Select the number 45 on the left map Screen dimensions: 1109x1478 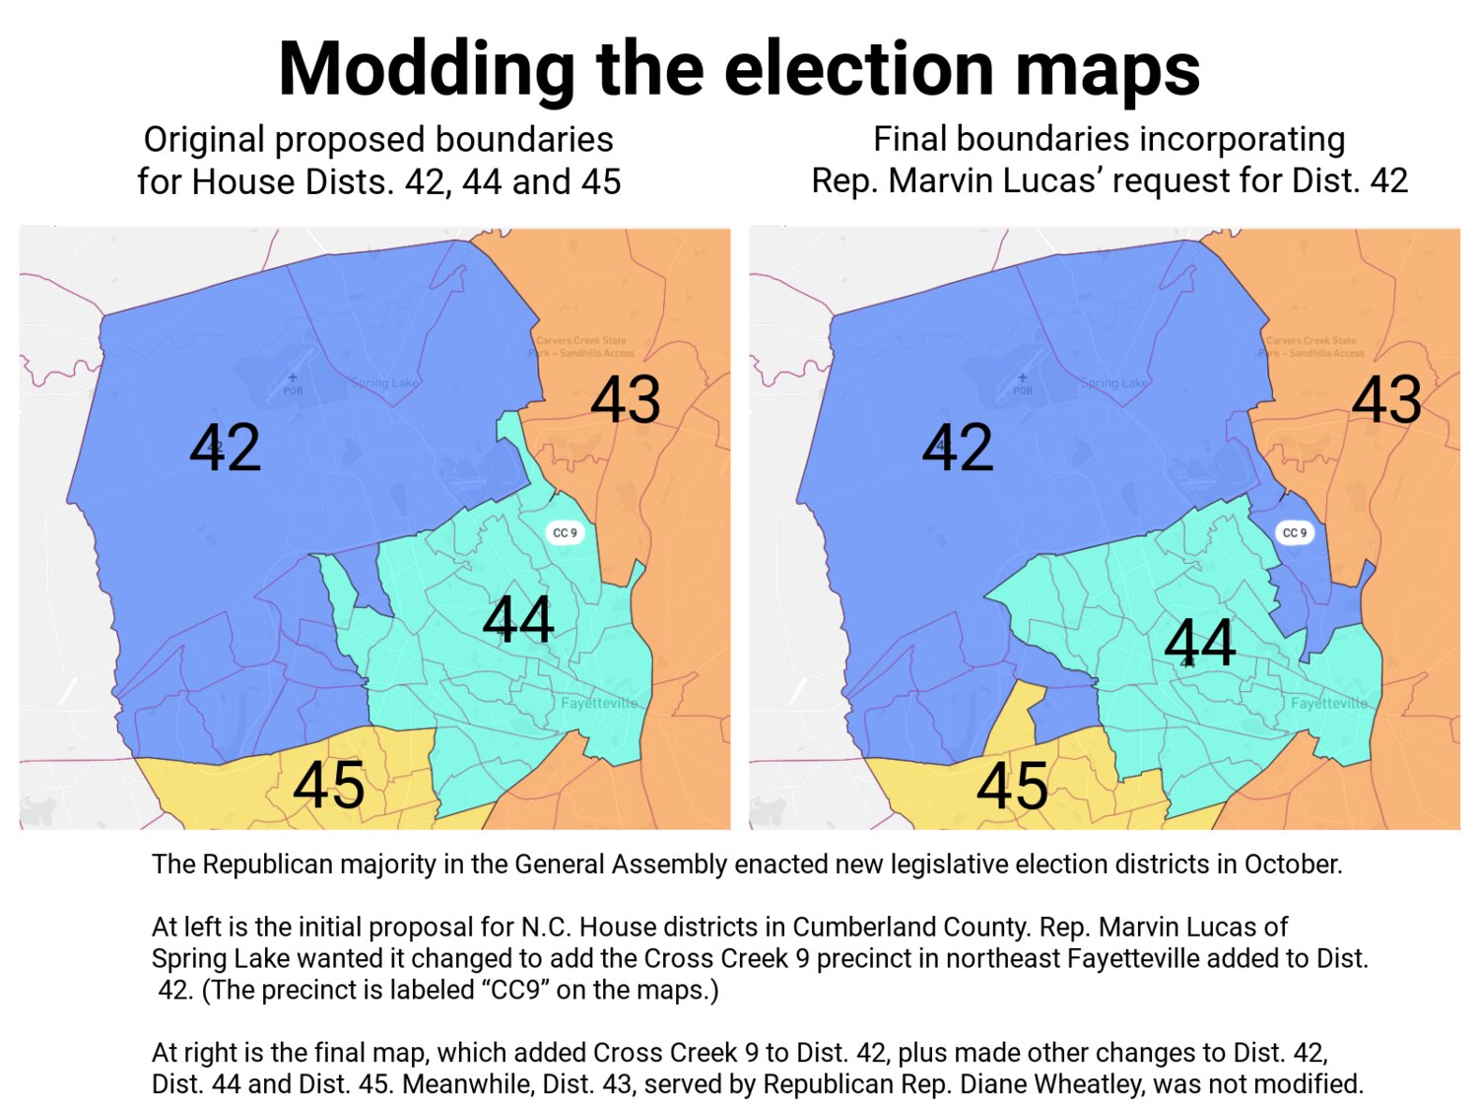(x=329, y=785)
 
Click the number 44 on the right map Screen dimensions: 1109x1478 (x=1199, y=642)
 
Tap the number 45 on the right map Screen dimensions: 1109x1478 (x=1012, y=786)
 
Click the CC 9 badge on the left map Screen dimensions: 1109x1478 (x=566, y=532)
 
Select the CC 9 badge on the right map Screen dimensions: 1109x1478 (x=1295, y=532)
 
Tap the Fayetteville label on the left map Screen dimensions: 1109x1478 (x=599, y=703)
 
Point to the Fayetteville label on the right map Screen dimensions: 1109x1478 (x=1329, y=703)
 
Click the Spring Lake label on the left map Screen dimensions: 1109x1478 (x=385, y=382)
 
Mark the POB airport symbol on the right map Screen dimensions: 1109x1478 (x=1023, y=379)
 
